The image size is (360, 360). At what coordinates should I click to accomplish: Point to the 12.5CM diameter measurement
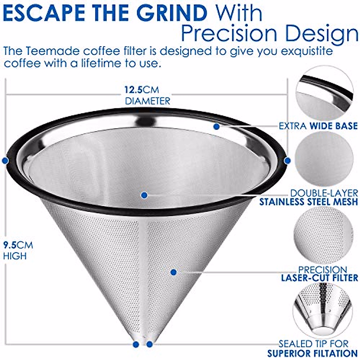tap(142, 90)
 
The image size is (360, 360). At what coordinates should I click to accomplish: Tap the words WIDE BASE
tap(333, 126)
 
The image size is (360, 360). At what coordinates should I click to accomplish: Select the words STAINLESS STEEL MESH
tap(309, 202)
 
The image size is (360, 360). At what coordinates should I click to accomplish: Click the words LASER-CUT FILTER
tap(319, 278)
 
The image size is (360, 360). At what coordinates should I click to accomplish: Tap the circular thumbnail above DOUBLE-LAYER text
tap(324, 159)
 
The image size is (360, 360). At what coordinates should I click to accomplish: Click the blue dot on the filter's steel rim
tap(217, 127)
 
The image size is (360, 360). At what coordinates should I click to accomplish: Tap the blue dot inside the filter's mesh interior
tap(144, 195)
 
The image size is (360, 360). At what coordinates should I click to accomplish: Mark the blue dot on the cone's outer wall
tap(173, 272)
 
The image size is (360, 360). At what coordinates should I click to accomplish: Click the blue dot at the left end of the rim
tap(5, 161)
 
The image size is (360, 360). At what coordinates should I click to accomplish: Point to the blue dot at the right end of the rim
tap(287, 161)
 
